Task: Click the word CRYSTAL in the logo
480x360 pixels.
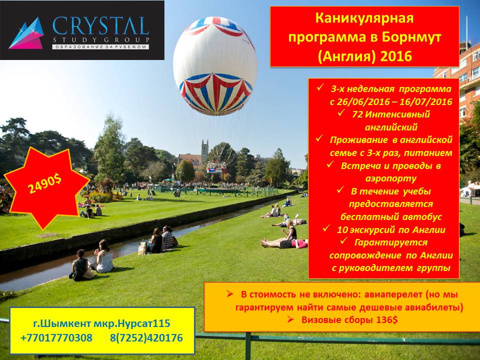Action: pyautogui.click(x=100, y=26)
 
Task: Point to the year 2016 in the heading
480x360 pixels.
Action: pyautogui.click(x=396, y=56)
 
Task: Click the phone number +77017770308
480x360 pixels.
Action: pyautogui.click(x=56, y=337)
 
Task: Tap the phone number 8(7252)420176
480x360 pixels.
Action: pyautogui.click(x=146, y=337)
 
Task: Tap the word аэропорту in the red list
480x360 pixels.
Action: pyautogui.click(x=390, y=179)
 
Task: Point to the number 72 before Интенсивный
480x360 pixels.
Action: pyautogui.click(x=357, y=114)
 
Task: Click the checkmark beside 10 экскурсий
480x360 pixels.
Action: pyautogui.click(x=326, y=228)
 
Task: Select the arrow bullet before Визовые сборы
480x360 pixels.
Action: pyautogui.click(x=290, y=319)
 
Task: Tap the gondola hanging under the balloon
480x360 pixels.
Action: pyautogui.click(x=216, y=167)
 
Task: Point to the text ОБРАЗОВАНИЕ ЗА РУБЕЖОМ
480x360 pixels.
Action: pyautogui.click(x=100, y=47)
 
